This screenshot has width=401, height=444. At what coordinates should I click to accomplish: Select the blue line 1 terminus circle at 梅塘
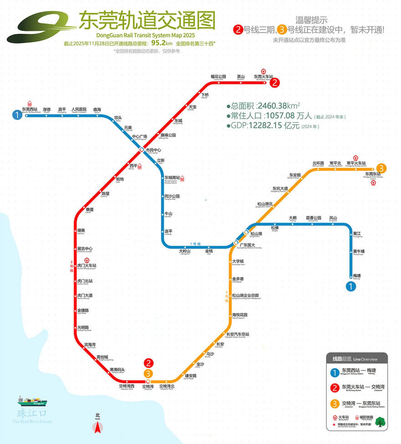(350, 286)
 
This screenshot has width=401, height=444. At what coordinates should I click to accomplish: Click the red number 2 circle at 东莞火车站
(275, 83)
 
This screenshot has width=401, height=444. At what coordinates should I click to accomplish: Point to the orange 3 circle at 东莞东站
(381, 168)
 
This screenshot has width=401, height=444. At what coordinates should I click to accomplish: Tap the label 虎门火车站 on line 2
(89, 265)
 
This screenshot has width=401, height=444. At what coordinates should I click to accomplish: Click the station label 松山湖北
(265, 204)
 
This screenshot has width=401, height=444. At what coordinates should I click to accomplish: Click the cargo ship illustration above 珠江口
(32, 401)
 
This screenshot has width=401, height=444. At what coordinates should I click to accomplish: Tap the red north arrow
(97, 427)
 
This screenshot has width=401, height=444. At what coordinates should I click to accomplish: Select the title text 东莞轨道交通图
(147, 20)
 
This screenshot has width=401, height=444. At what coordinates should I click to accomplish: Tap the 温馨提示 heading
(312, 20)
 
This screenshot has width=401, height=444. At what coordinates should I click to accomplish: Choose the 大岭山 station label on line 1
(184, 251)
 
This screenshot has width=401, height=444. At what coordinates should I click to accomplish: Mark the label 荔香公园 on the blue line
(314, 218)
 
